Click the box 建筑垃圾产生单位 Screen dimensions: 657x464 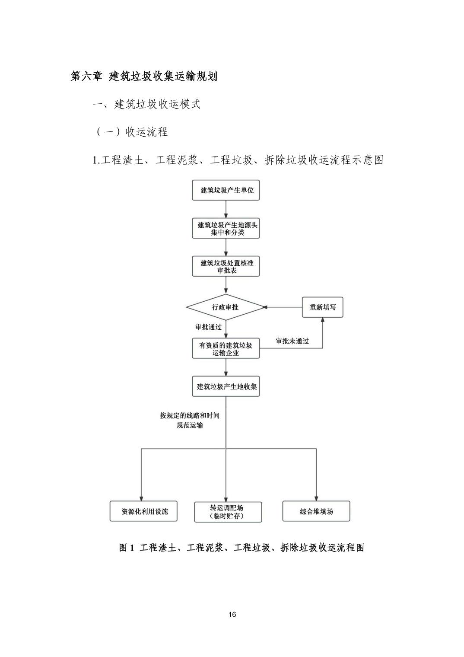(226, 190)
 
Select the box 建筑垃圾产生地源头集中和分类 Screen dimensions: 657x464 (226, 228)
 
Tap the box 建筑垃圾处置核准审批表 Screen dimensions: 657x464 (226, 266)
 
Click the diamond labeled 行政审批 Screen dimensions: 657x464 (225, 307)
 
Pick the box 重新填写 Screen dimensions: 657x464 (322, 307)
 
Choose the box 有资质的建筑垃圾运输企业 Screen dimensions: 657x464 (226, 348)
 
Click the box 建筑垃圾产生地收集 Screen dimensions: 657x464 (226, 386)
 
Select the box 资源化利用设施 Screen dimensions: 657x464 (143, 511)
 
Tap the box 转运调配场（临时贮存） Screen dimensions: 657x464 (228, 512)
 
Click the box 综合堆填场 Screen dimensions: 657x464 (316, 511)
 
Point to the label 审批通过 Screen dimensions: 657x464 (208, 327)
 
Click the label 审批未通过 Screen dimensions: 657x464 (292, 341)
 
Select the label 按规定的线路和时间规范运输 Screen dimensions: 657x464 (190, 420)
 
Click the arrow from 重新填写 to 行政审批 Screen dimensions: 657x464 (283, 307)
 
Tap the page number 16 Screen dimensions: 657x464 (232, 615)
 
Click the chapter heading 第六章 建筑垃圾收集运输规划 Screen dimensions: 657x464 (144, 77)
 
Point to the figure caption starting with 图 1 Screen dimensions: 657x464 (242, 548)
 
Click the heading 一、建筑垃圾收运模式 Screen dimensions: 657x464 (147, 104)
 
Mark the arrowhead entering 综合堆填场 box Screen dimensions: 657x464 (316, 498)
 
